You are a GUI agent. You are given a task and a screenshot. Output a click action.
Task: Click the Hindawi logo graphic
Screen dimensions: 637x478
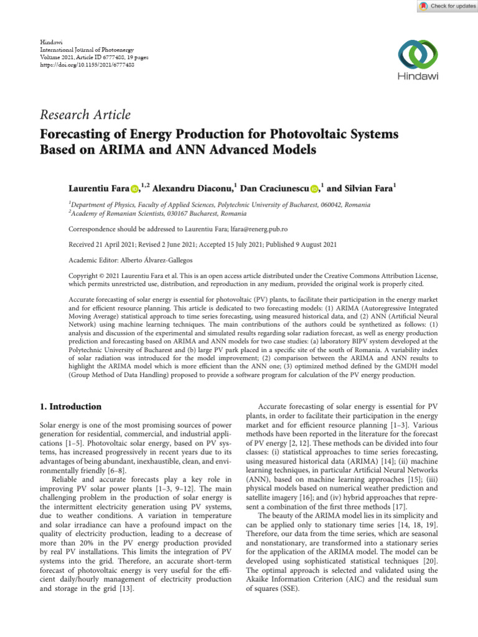[x=418, y=56]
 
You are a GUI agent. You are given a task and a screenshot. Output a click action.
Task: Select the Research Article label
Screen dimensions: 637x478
[x=85, y=115]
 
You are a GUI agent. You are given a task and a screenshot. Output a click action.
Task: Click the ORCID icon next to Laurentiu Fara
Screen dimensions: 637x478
[x=134, y=188]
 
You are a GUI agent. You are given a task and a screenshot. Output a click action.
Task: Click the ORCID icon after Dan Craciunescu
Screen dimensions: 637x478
[x=314, y=188]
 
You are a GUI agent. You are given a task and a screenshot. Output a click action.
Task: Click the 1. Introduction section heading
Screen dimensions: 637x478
[x=70, y=407]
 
